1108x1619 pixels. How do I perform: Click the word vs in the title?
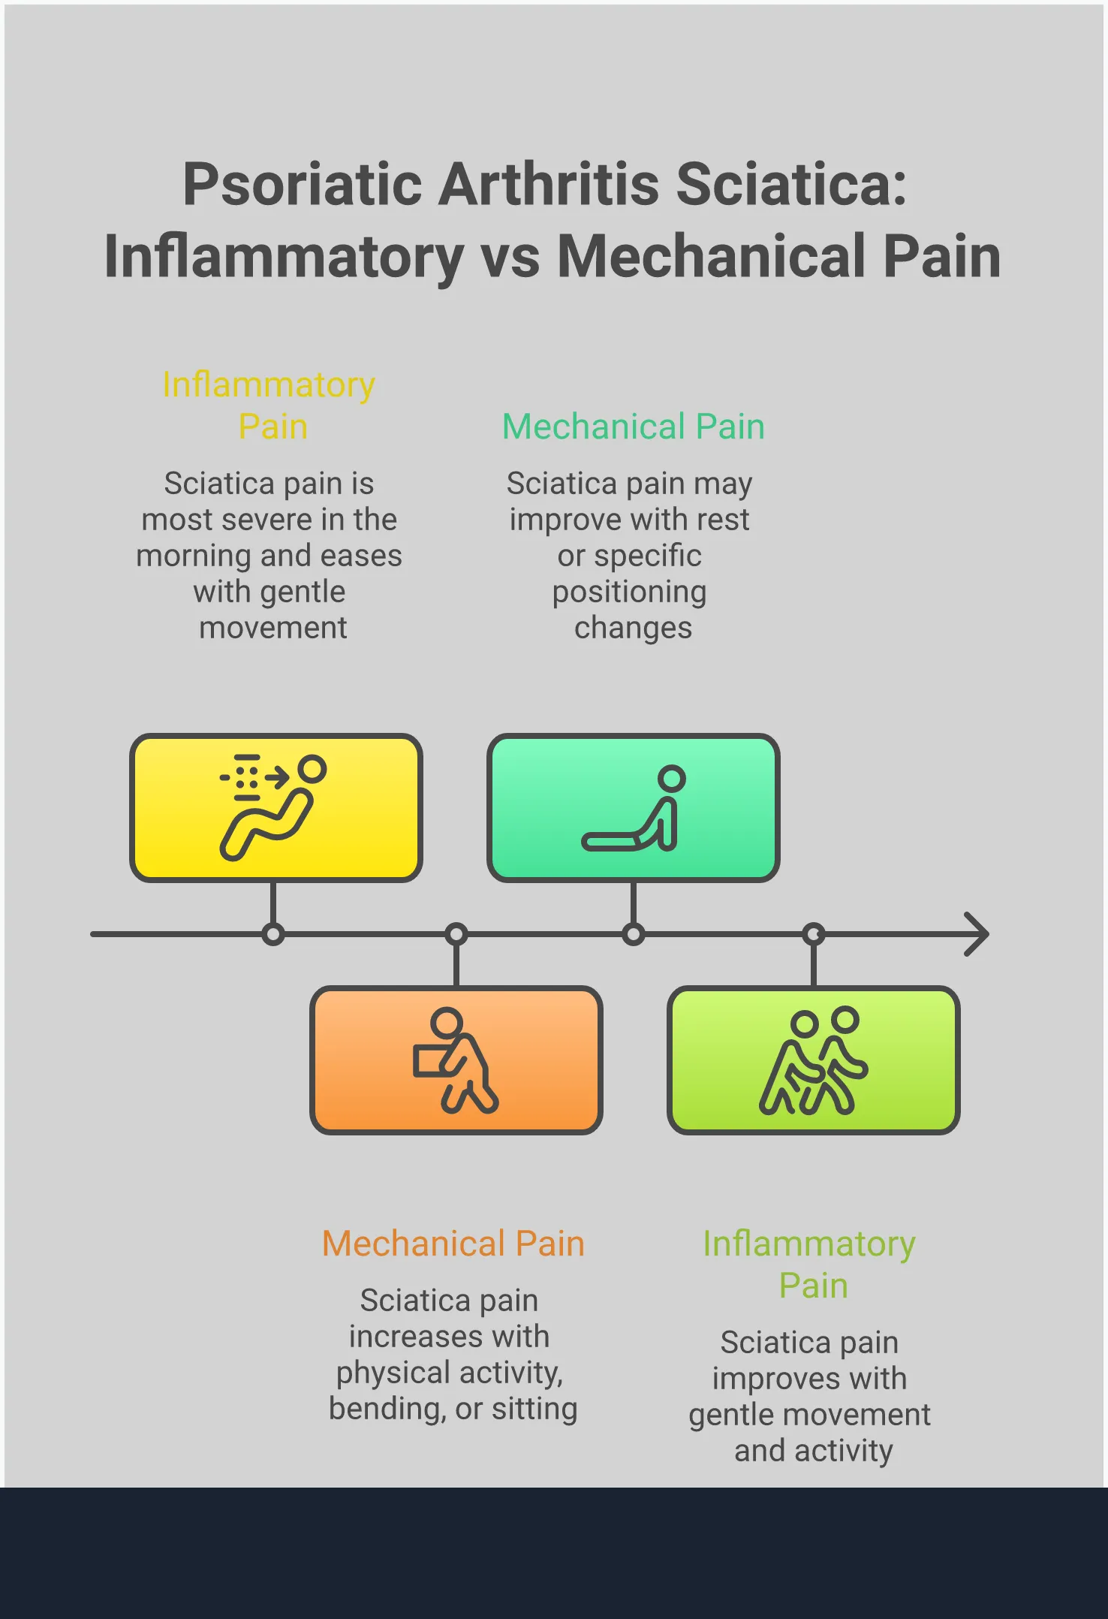click(x=510, y=257)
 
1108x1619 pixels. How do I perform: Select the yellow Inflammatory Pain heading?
click(x=269, y=406)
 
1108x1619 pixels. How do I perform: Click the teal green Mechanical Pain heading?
click(x=633, y=427)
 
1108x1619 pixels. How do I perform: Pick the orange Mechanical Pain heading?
click(x=453, y=1244)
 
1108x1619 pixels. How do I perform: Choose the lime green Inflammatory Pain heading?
click(x=808, y=1265)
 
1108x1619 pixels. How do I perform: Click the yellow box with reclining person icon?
click(x=275, y=807)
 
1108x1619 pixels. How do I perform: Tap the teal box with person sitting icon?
click(x=633, y=807)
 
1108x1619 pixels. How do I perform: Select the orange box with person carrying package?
click(x=456, y=1060)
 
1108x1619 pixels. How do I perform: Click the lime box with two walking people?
click(x=813, y=1060)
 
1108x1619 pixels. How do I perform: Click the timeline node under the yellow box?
click(x=273, y=934)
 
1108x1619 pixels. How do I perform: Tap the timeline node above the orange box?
click(x=456, y=934)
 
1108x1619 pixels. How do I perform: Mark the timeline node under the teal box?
click(x=633, y=934)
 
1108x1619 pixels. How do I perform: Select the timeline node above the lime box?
click(x=813, y=934)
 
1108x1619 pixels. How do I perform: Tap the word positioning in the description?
click(x=629, y=592)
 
